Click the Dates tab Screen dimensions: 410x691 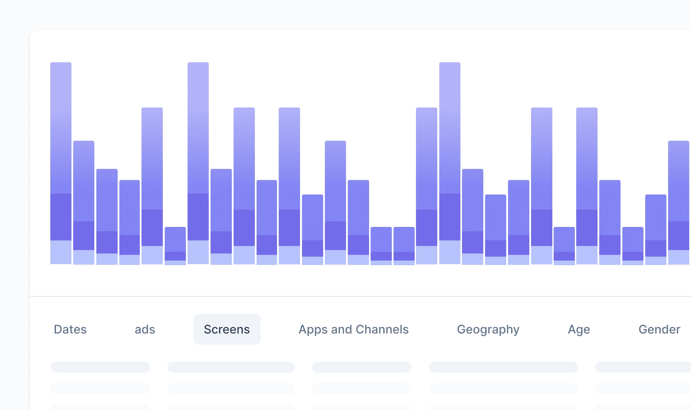[x=70, y=329]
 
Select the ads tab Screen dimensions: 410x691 [x=145, y=329]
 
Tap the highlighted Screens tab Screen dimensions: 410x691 [x=227, y=329]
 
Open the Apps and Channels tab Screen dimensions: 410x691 [x=353, y=329]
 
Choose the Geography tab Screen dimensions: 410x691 [x=488, y=329]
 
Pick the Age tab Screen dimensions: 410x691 [x=579, y=329]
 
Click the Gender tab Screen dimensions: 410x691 [x=659, y=329]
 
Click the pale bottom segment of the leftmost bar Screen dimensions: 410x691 [x=61, y=252]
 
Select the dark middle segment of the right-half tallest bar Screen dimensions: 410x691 [x=450, y=217]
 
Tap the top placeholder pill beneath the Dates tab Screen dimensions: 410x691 [x=100, y=367]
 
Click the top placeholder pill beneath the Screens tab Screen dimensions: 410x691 [x=231, y=367]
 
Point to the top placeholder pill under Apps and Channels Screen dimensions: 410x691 [x=362, y=367]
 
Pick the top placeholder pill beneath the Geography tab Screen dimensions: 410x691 [x=503, y=367]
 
